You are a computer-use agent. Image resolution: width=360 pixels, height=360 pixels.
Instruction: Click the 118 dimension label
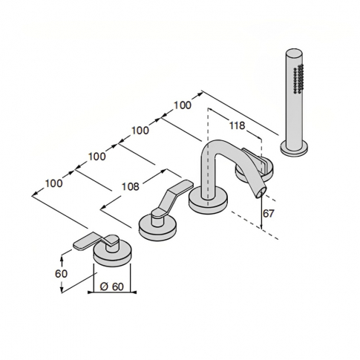pyautogui.click(x=237, y=125)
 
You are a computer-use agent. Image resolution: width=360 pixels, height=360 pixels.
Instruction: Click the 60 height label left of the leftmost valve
pyautogui.click(x=61, y=273)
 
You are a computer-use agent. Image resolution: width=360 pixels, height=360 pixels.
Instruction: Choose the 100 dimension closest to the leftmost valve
pyautogui.click(x=53, y=183)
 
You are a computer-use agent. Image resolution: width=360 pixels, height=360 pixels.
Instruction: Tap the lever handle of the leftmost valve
pyautogui.click(x=90, y=240)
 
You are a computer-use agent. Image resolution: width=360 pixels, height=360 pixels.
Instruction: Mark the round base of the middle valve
pyautogui.click(x=158, y=224)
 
